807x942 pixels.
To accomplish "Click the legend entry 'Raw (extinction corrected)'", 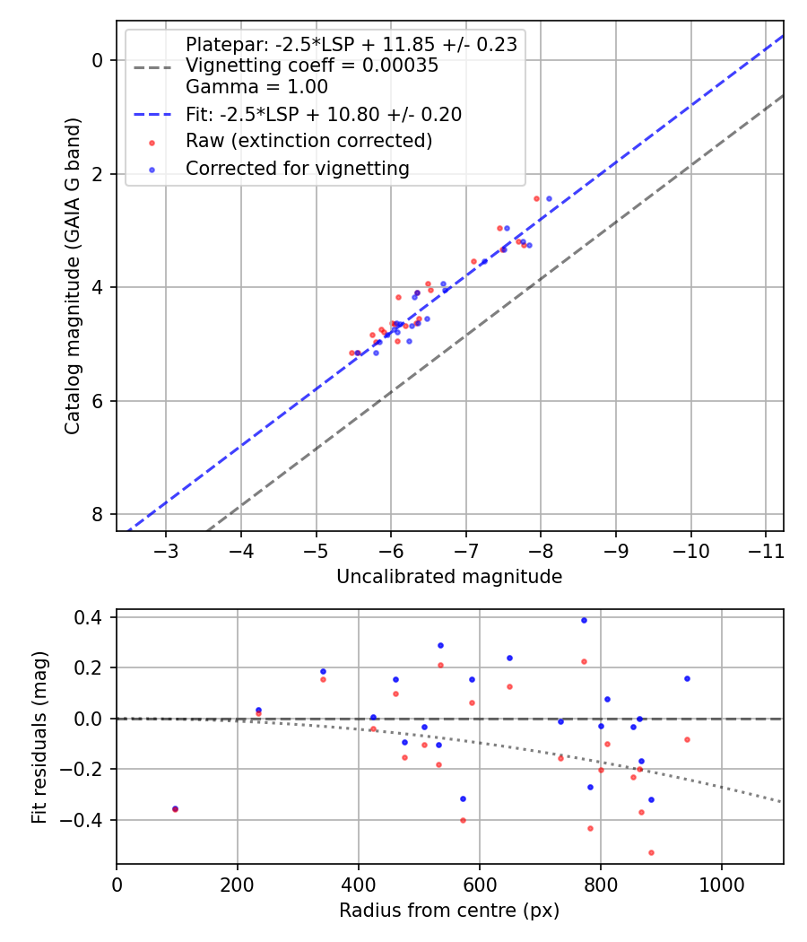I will pyautogui.click(x=308, y=142).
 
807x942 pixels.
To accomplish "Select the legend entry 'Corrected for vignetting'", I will pyautogui.click(x=297, y=169).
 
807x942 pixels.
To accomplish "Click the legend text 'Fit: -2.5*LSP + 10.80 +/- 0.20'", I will pyautogui.click(x=323, y=115).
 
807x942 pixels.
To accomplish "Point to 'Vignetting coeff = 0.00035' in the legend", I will pyautogui.click(x=312, y=65).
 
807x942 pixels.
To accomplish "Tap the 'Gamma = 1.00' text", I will pyautogui.click(x=256, y=87).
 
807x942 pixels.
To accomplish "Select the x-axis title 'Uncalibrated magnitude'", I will pyautogui.click(x=449, y=577).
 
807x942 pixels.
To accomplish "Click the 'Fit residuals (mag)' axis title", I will pyautogui.click(x=39, y=737).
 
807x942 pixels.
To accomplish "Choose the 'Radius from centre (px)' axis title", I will pyautogui.click(x=449, y=911).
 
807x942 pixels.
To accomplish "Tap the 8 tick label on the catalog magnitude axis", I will pyautogui.click(x=98, y=515).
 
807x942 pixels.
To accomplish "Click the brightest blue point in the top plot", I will pyautogui.click(x=550, y=199).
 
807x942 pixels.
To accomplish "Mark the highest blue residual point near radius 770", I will pyautogui.click(x=584, y=620).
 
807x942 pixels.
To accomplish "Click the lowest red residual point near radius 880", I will pyautogui.click(x=651, y=852).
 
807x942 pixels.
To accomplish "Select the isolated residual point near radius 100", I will pyautogui.click(x=175, y=808).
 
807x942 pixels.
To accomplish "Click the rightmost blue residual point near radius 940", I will pyautogui.click(x=687, y=678).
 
